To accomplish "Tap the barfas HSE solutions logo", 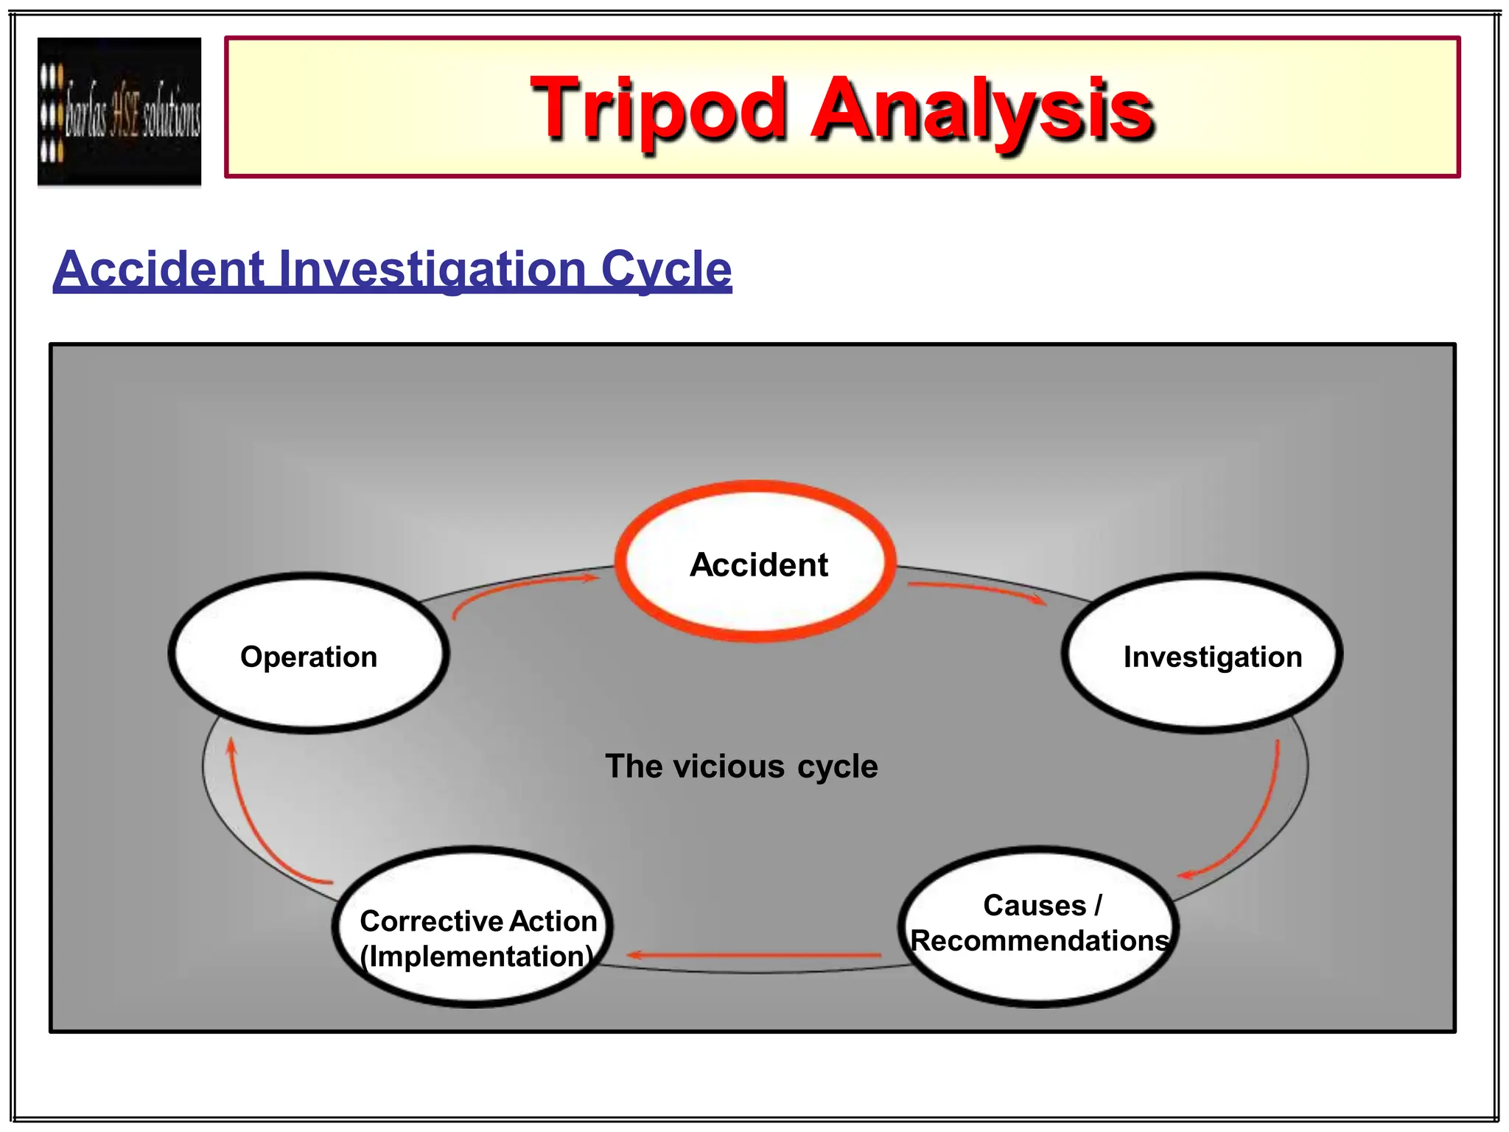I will tap(119, 111).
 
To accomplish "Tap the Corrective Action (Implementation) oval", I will tap(473, 927).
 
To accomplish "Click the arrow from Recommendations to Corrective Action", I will tap(752, 955).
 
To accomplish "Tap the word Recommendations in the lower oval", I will tap(1039, 941).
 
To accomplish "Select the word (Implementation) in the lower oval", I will tap(476, 957).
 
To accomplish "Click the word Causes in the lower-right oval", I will tap(1034, 905).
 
